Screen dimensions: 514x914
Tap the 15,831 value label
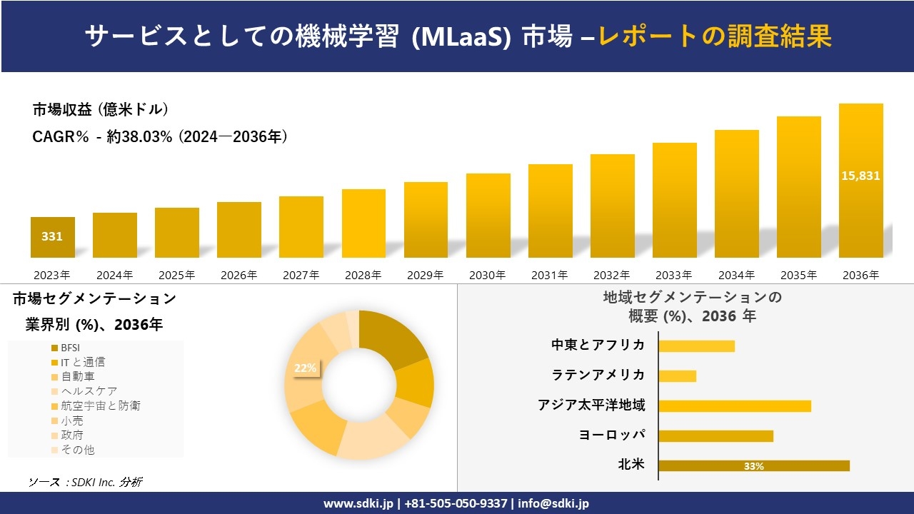(x=860, y=176)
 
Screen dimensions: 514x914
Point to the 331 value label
(x=52, y=236)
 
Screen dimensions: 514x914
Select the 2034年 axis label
(x=736, y=275)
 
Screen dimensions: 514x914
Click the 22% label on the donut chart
(x=305, y=368)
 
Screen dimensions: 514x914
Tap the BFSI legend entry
(x=70, y=348)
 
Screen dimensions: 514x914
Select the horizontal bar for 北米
(x=753, y=465)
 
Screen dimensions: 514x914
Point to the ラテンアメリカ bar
(x=677, y=376)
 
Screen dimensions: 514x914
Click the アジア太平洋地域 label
(x=591, y=405)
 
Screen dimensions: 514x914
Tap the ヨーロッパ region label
(x=612, y=435)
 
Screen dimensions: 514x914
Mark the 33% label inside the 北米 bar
(x=753, y=466)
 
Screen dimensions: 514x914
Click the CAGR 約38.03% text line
(x=160, y=137)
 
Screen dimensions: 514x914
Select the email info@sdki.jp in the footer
(x=553, y=503)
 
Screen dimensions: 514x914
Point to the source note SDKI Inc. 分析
(x=86, y=482)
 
